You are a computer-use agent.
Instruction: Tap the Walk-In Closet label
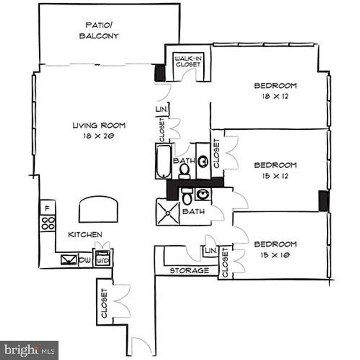(188, 61)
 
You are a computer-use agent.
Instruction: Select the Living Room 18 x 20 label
(99, 130)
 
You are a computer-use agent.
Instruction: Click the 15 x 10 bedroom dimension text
(275, 255)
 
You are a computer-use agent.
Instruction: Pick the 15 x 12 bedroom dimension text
(275, 175)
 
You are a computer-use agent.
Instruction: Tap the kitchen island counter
(99, 209)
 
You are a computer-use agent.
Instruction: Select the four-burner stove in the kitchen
(48, 223)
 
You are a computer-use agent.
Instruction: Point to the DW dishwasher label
(84, 259)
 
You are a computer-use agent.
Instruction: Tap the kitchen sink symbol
(68, 259)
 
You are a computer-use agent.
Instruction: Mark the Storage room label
(189, 270)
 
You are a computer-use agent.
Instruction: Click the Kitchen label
(85, 234)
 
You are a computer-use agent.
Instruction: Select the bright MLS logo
(29, 350)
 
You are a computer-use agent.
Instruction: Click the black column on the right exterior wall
(324, 201)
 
